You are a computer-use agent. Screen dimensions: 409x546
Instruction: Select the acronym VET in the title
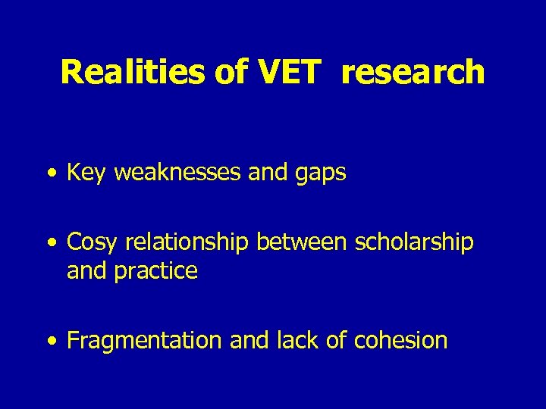290,72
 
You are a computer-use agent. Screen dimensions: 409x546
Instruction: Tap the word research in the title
413,72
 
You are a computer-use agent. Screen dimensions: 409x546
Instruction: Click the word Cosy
92,242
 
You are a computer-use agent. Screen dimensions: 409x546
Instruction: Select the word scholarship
413,242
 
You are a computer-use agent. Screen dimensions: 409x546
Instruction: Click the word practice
155,270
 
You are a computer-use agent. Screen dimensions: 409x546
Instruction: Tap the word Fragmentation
145,341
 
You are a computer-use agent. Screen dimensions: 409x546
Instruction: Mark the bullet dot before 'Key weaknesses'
50,174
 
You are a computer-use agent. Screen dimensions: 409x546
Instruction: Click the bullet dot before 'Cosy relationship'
50,243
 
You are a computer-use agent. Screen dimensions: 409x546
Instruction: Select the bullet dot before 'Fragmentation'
50,342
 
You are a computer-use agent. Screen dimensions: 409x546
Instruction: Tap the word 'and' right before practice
86,270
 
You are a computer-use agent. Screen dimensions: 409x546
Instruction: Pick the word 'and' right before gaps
267,173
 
